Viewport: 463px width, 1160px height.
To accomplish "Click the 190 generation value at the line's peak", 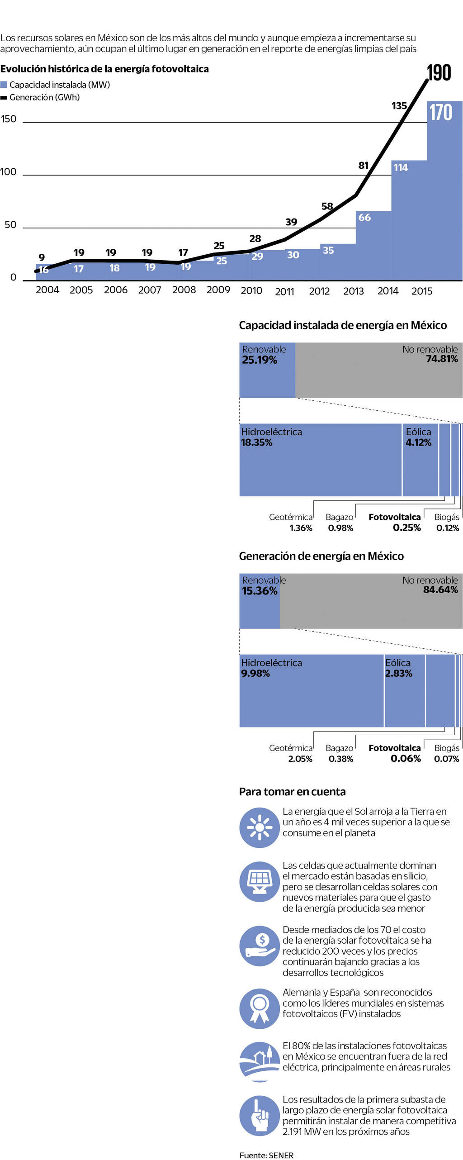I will pos(439,73).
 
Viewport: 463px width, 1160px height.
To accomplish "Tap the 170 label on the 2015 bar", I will pos(440,112).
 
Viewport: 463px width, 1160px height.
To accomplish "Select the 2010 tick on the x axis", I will pos(251,290).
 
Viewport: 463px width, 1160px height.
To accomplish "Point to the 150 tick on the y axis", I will pos(9,119).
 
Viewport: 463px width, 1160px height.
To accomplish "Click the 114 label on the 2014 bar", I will pos(401,167).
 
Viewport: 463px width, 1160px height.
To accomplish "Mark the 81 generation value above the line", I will pos(364,166).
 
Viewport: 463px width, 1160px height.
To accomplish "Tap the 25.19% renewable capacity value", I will pos(260,360).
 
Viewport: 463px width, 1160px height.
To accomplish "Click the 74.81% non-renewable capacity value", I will pos(442,359).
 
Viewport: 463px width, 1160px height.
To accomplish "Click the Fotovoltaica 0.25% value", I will pos(406,528).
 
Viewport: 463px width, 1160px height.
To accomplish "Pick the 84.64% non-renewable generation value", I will pos(440,590).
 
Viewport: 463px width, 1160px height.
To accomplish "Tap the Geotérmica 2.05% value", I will pos(300,759).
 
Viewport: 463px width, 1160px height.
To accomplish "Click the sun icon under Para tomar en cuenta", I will pos(259,827).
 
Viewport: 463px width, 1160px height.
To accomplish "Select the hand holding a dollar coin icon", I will pos(259,946).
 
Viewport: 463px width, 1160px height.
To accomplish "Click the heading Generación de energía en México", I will pos(321,556).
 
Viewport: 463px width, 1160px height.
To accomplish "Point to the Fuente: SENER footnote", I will pos(266,1155).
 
